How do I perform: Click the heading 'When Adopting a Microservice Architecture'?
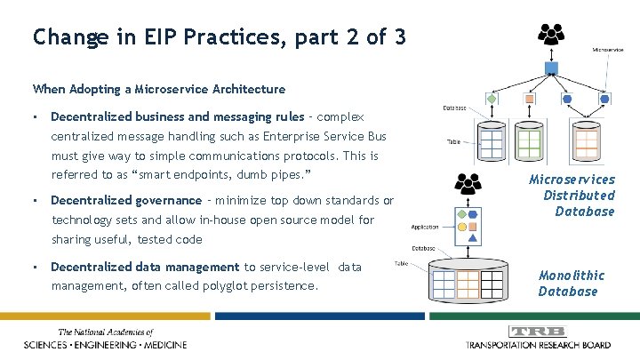[158, 89]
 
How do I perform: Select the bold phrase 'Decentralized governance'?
[126, 201]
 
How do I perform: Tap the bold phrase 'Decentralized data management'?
[145, 267]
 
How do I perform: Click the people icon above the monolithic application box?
[468, 183]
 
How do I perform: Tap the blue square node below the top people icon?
[550, 68]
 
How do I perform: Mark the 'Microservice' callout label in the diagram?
[609, 50]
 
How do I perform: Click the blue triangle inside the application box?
[473, 236]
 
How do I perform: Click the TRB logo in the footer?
[539, 331]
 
